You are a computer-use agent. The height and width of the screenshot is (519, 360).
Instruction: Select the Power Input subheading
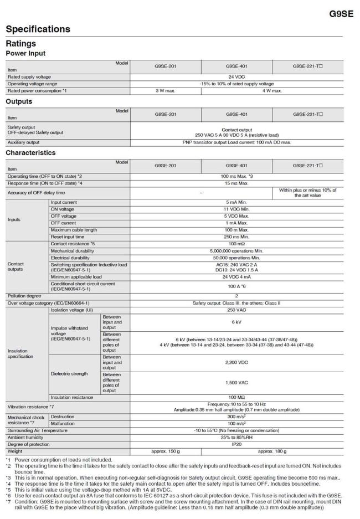(25, 53)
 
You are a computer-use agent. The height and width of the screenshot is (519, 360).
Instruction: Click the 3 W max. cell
(166, 90)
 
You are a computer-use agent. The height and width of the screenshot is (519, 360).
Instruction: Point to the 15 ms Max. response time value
(236, 182)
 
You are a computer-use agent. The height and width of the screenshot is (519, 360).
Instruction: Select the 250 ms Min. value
(236, 237)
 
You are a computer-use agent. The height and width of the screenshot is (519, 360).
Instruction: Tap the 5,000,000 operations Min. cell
(236, 251)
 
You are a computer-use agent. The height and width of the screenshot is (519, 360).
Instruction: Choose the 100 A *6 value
(236, 286)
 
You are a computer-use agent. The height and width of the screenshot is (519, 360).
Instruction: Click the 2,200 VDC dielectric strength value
(236, 363)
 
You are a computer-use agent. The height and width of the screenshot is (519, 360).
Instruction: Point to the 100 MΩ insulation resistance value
(236, 397)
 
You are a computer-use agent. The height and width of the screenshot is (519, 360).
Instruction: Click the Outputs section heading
(19, 102)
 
